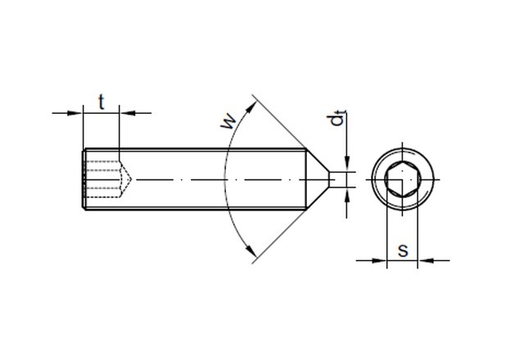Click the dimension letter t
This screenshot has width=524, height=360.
click(x=101, y=101)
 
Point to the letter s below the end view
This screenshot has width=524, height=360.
click(x=402, y=250)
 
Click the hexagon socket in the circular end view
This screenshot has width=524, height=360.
click(x=401, y=179)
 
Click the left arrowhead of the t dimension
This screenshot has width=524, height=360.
click(x=78, y=112)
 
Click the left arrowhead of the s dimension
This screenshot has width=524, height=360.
click(x=379, y=262)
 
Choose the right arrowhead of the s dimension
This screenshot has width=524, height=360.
click(x=424, y=262)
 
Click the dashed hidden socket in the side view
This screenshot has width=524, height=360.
click(x=106, y=179)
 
